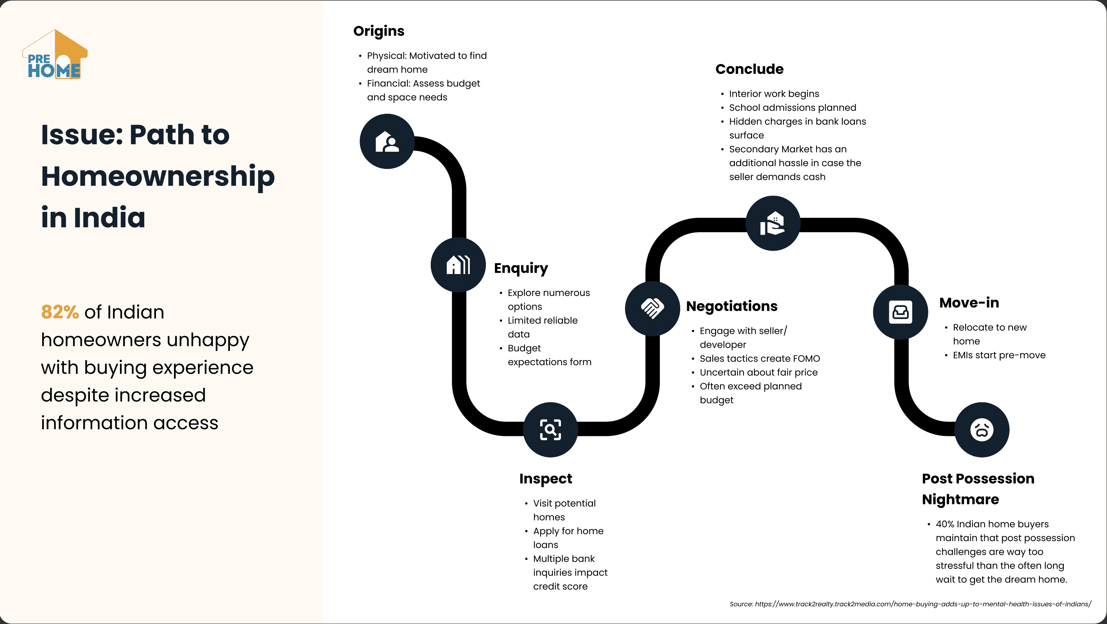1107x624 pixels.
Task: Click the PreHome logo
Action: tap(55, 55)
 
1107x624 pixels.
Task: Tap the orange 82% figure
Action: tap(60, 312)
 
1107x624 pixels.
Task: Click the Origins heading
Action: tap(379, 31)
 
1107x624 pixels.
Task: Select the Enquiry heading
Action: tap(521, 268)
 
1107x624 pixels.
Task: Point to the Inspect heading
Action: tap(545, 479)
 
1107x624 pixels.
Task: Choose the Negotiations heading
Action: tap(731, 306)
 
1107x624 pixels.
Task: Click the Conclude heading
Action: tap(749, 69)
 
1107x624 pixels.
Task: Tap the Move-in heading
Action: tap(969, 303)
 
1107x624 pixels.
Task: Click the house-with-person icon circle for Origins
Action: tap(387, 142)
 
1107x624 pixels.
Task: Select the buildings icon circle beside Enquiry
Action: tap(458, 265)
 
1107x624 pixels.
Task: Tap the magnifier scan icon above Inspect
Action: tap(550, 429)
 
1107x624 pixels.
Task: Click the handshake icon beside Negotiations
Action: tap(652, 308)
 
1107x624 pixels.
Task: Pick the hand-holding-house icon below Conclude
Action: tap(773, 223)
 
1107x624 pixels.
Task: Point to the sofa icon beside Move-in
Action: tap(900, 312)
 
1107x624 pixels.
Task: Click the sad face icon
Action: tap(982, 429)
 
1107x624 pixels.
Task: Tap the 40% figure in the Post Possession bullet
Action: tap(944, 524)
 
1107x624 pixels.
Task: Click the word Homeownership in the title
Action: tap(158, 177)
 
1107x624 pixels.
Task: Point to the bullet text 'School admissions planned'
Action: tap(792, 108)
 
